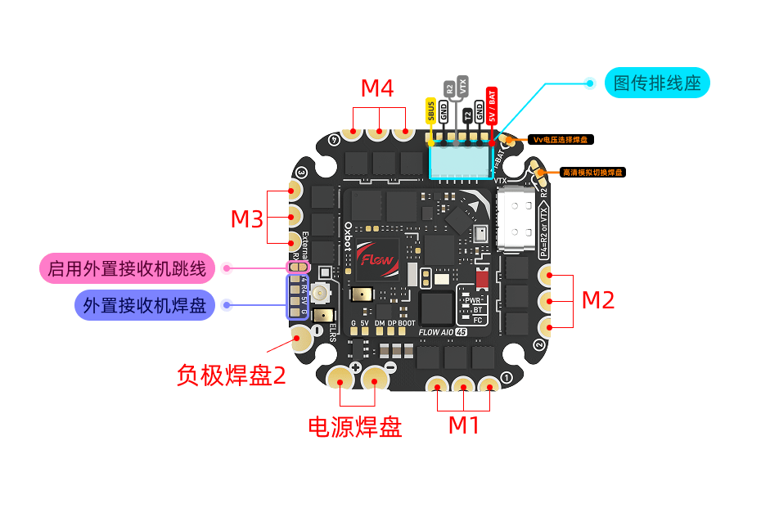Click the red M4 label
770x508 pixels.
point(377,88)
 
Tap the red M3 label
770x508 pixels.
point(246,219)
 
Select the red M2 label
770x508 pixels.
point(597,300)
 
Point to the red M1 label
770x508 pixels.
point(464,425)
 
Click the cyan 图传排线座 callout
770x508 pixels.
point(656,83)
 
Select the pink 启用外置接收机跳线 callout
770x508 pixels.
point(128,268)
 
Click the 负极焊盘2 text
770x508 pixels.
point(232,375)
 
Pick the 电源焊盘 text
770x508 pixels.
point(354,426)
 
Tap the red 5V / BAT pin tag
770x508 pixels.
point(492,106)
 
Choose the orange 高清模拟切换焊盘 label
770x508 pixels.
point(592,173)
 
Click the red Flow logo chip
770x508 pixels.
point(377,261)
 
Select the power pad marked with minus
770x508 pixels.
point(376,377)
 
